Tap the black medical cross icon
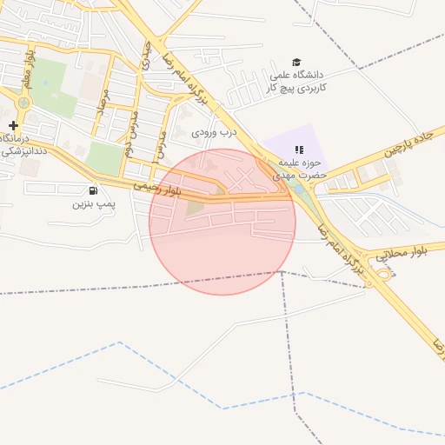(x=13, y=125)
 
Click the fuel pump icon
(x=93, y=191)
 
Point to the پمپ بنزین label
(x=93, y=206)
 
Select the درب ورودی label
(x=215, y=133)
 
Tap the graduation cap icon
(x=297, y=63)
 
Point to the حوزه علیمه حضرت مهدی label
(x=301, y=169)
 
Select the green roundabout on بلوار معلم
(x=23, y=103)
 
